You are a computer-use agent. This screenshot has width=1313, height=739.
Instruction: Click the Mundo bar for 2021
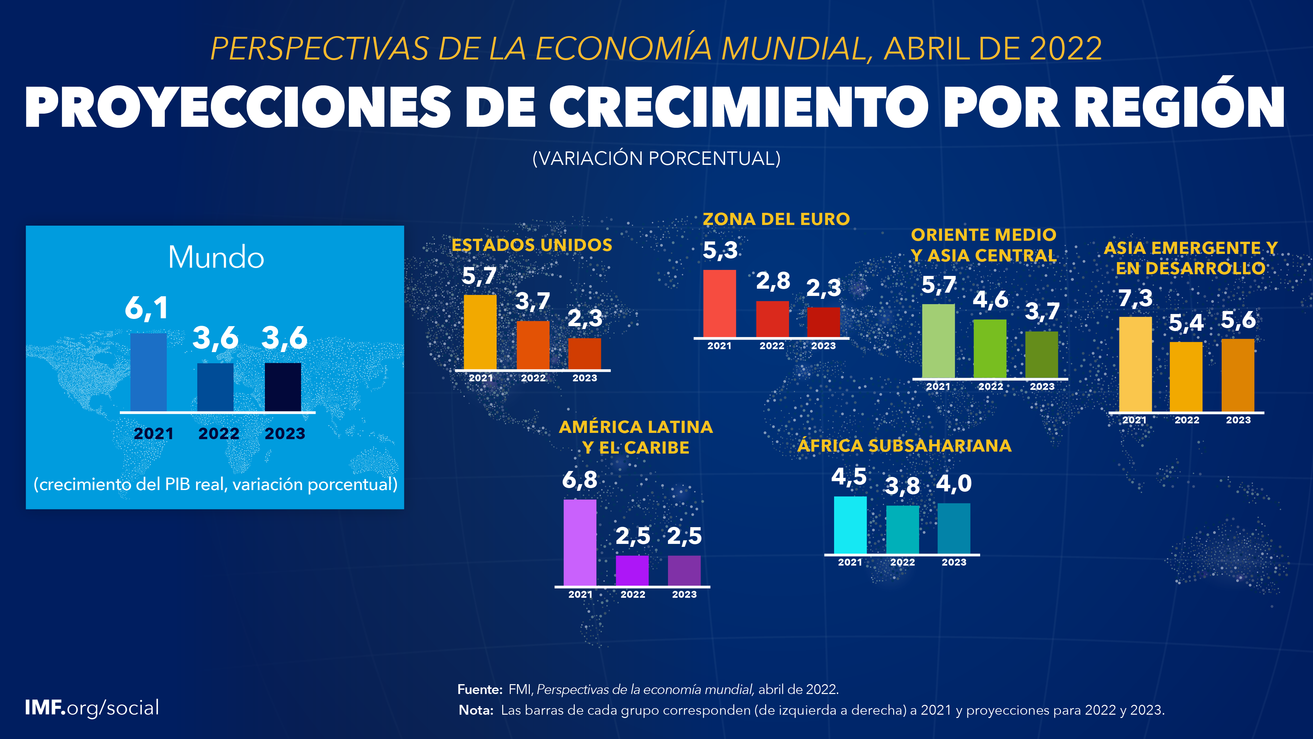[x=148, y=372]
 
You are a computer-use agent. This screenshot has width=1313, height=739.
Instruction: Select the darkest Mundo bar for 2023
[x=283, y=387]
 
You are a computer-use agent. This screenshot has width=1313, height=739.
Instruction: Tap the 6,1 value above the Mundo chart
[x=146, y=308]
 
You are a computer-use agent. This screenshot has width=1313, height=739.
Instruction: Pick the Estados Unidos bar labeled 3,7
[x=533, y=345]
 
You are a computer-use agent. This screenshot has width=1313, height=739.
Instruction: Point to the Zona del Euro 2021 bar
[x=719, y=303]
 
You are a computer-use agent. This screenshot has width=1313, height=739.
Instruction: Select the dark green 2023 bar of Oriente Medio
[x=1041, y=355]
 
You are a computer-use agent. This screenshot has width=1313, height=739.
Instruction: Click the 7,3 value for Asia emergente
[x=1135, y=298]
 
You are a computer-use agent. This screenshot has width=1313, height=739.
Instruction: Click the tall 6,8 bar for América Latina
[x=580, y=542]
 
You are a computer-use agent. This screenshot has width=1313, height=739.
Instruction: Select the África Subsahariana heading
[x=904, y=446]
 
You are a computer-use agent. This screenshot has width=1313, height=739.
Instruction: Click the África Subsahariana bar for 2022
[x=902, y=529]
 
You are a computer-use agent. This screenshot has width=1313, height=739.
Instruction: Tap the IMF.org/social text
[x=92, y=708]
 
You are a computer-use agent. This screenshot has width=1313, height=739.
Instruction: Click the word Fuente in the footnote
[x=480, y=689]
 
